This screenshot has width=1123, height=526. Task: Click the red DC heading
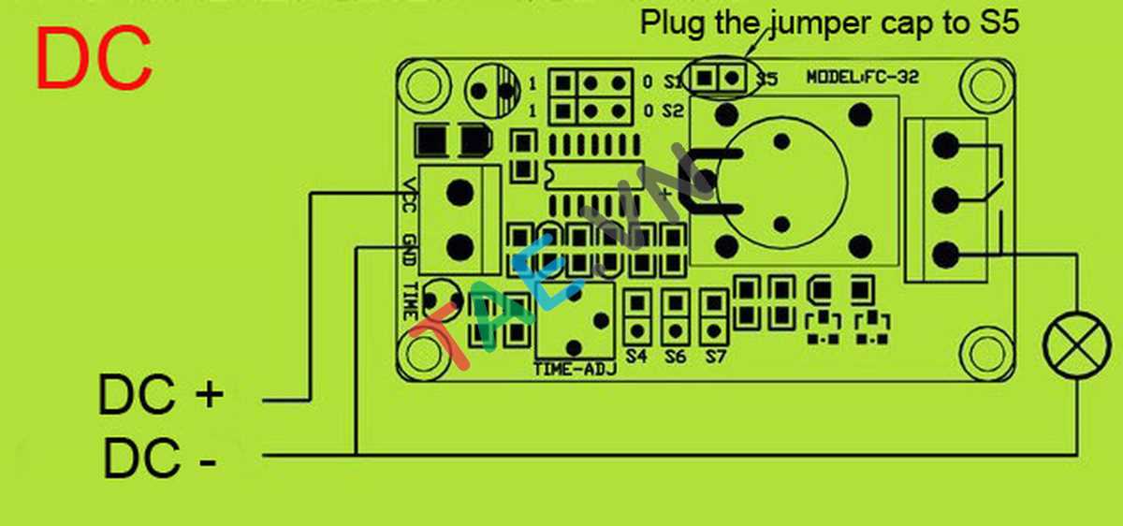94,58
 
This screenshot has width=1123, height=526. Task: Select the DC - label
159,460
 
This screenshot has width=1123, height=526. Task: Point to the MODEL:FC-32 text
862,80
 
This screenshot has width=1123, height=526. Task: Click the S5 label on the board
766,80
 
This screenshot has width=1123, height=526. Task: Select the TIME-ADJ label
575,369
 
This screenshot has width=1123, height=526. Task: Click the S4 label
637,357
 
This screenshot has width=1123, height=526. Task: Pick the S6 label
676,357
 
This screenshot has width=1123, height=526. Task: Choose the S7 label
716,357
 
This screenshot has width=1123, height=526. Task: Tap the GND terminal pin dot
459,247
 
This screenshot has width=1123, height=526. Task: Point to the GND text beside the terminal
408,250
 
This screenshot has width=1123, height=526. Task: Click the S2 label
673,110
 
